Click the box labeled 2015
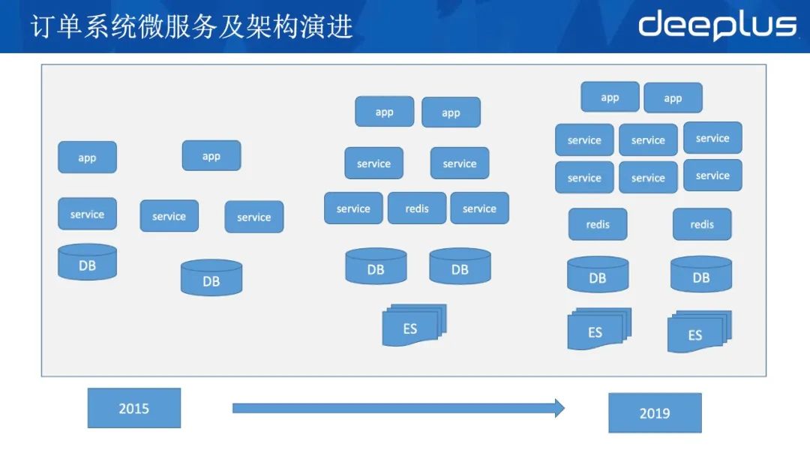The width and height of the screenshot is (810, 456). point(133,408)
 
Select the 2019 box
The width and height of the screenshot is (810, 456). point(654,412)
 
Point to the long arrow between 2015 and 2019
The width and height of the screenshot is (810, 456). point(397,408)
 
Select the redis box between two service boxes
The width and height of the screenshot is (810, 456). point(416,208)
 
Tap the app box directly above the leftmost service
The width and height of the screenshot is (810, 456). point(87,157)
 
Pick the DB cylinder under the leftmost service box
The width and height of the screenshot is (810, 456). point(87,262)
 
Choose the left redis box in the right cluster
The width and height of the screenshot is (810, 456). point(597,224)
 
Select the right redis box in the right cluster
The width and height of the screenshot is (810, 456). point(701,224)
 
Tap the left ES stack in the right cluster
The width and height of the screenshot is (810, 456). point(598,329)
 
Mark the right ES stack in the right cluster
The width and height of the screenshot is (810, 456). point(697,331)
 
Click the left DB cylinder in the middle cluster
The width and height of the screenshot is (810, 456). point(376,266)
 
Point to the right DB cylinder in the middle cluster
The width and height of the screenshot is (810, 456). point(460,266)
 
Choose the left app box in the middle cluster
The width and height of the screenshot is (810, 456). point(384,112)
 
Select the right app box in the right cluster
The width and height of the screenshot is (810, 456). point(673,98)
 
